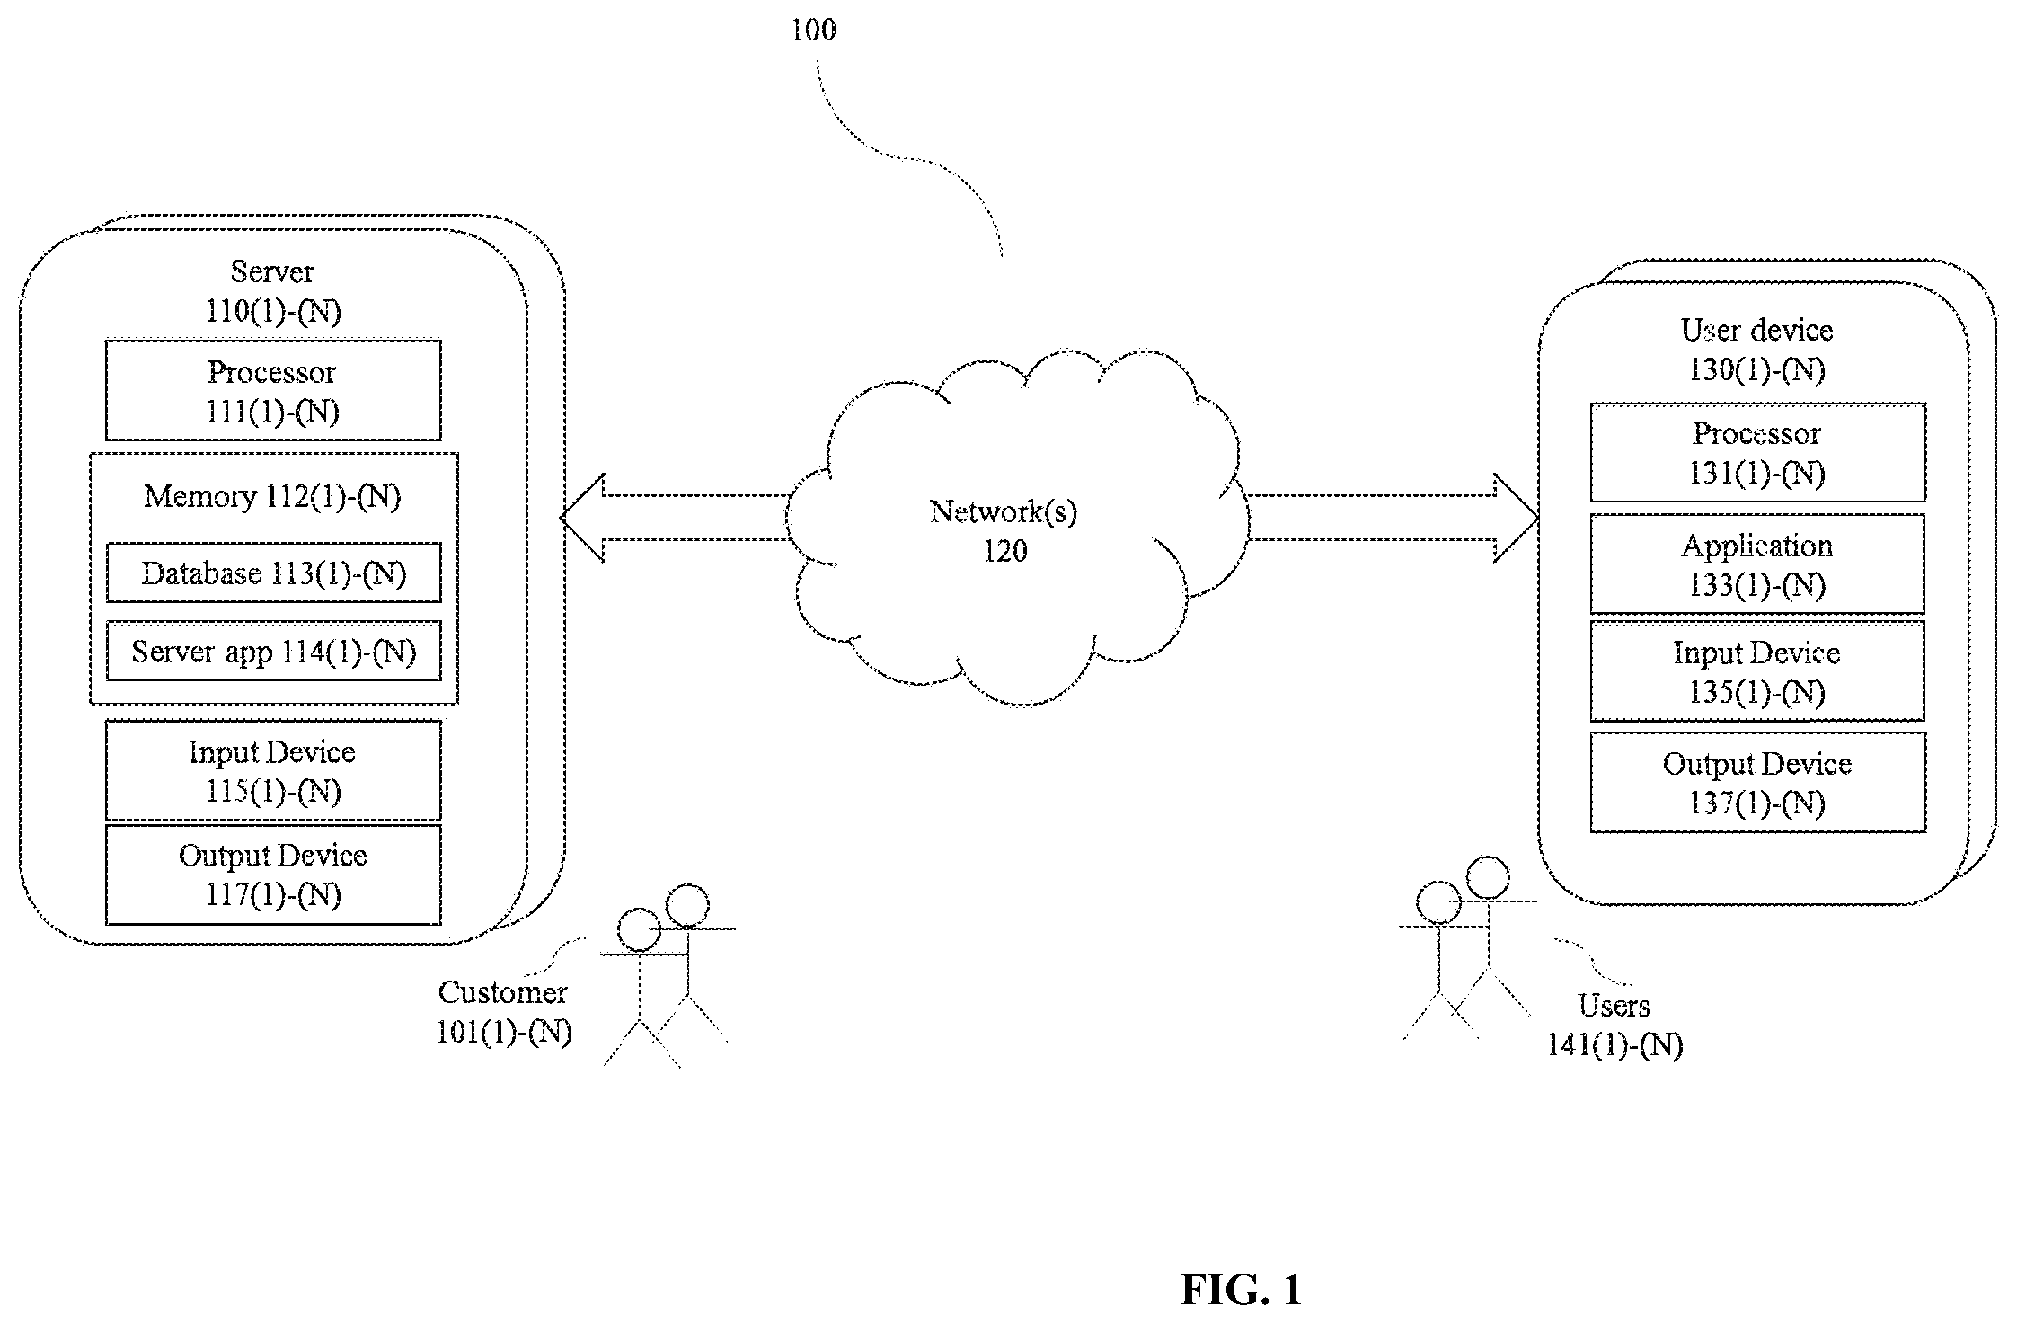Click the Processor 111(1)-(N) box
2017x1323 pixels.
click(x=273, y=390)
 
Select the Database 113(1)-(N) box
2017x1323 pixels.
click(x=273, y=573)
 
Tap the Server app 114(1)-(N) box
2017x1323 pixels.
click(x=273, y=651)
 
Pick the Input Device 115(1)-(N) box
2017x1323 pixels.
click(x=273, y=770)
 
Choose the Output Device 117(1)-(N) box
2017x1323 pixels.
click(x=273, y=875)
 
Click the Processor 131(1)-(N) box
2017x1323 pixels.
click(x=1757, y=452)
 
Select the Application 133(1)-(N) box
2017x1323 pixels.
click(x=1757, y=564)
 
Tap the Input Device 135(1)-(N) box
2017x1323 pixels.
click(x=1757, y=671)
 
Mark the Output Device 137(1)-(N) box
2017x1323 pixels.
click(x=1757, y=782)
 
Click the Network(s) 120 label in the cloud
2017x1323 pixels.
click(x=1004, y=530)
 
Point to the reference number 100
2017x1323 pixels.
click(x=813, y=31)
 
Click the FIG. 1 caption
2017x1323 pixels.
click(x=1241, y=1290)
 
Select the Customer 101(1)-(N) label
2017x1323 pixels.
click(x=504, y=1012)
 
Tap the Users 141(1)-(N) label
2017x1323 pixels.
click(x=1614, y=1025)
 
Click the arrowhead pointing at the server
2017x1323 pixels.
click(x=581, y=518)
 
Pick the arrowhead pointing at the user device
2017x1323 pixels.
click(x=1517, y=518)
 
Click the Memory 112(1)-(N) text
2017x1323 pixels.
click(x=272, y=497)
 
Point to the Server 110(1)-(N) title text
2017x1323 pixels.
click(x=273, y=291)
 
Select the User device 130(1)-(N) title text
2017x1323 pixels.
click(x=1757, y=350)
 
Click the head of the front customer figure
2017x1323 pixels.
click(x=640, y=930)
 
